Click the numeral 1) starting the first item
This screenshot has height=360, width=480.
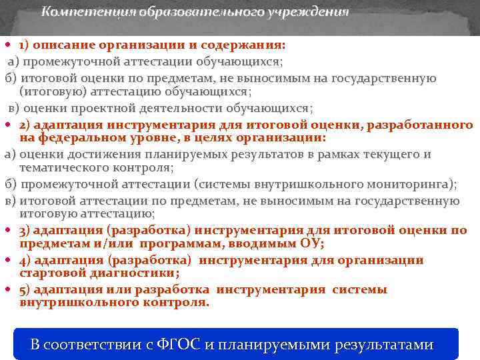point(24,45)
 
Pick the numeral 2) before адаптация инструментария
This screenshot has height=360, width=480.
point(24,125)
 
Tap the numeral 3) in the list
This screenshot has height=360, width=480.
point(24,231)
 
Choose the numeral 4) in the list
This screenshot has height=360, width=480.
point(24,260)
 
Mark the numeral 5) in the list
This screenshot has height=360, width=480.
point(24,289)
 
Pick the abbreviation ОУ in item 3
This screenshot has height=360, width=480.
point(310,243)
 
